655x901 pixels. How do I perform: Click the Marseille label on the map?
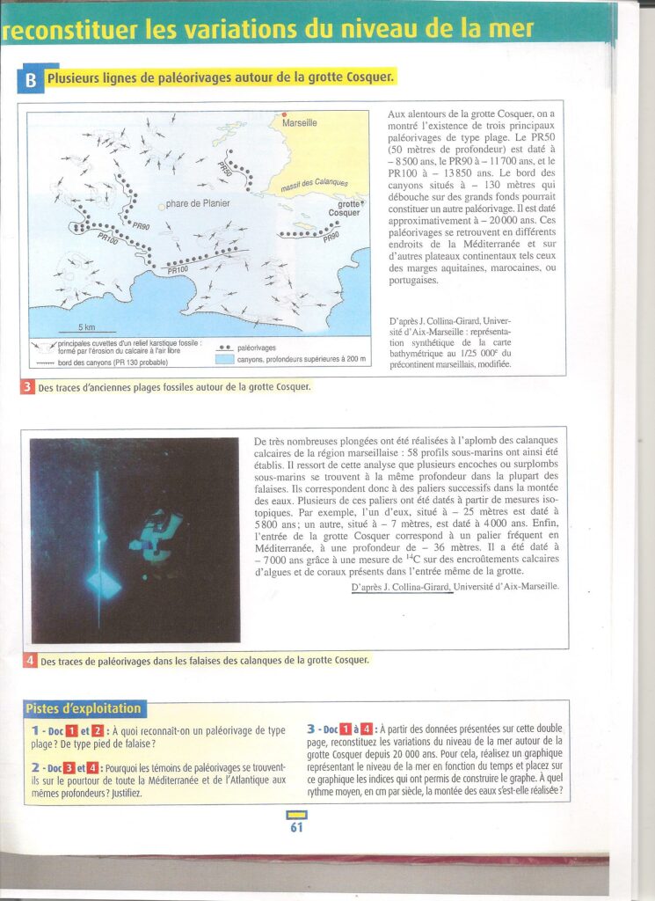(300, 123)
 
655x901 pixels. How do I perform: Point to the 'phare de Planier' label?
(198, 203)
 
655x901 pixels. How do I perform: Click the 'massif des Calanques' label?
(314, 186)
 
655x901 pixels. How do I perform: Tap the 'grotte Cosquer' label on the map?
(345, 209)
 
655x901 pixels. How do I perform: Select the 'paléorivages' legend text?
(257, 348)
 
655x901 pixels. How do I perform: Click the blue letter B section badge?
(29, 80)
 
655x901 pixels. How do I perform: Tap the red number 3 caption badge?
(27, 387)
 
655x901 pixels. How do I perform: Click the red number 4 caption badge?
(30, 660)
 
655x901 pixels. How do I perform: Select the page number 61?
(295, 826)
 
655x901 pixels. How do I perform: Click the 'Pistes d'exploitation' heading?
(83, 708)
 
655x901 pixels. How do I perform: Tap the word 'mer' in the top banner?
(513, 28)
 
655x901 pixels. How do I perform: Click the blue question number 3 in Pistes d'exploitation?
(311, 729)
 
